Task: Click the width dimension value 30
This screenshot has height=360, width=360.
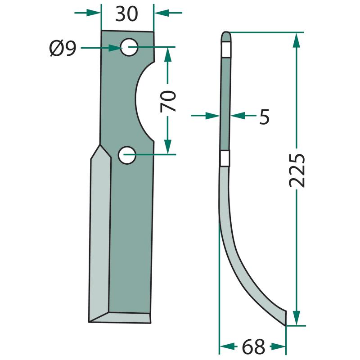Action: tap(126, 14)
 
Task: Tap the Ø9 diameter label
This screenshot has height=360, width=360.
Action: tap(63, 48)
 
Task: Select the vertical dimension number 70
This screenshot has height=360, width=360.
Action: tap(168, 101)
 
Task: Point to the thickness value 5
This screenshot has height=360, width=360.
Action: tap(264, 117)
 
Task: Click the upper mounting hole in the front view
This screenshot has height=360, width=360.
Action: tap(129, 47)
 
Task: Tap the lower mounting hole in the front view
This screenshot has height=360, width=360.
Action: tap(127, 155)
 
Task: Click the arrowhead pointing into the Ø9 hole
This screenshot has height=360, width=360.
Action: tap(114, 48)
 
